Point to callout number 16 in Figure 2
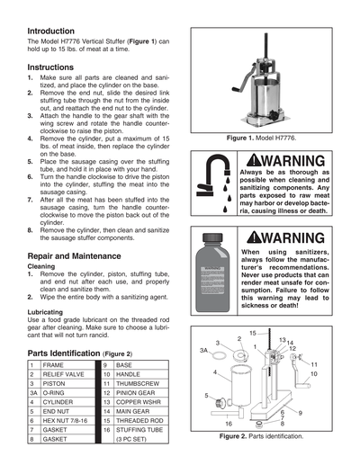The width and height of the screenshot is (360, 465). [x=229, y=423]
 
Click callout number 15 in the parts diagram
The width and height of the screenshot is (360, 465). [x=252, y=333]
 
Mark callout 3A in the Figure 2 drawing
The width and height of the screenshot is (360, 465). [x=205, y=350]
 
